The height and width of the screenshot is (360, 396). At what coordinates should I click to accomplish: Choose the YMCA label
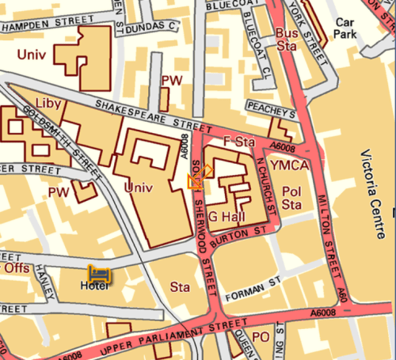pyautogui.click(x=287, y=165)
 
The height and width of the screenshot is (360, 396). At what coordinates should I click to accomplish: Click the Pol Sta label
pyautogui.click(x=292, y=198)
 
